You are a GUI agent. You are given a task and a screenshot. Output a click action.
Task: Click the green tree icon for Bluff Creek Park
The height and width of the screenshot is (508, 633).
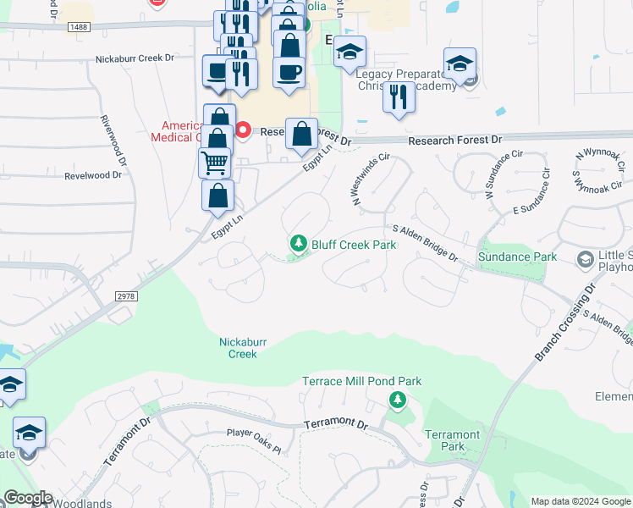point(298,244)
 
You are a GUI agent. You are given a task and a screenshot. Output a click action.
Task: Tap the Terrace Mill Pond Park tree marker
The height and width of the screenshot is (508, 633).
point(395,399)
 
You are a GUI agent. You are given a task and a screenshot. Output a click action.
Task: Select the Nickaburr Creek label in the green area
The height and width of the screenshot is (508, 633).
point(243,348)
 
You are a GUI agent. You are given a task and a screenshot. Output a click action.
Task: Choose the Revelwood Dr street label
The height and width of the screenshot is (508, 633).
point(93,175)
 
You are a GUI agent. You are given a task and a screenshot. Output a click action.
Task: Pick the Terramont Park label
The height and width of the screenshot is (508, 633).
point(452,440)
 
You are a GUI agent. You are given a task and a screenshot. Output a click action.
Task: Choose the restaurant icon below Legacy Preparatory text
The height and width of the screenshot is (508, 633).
point(398,97)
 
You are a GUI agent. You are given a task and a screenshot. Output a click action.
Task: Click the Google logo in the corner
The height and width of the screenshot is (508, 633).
point(27,498)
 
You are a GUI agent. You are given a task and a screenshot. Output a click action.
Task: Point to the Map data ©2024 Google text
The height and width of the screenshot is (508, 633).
point(580,501)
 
